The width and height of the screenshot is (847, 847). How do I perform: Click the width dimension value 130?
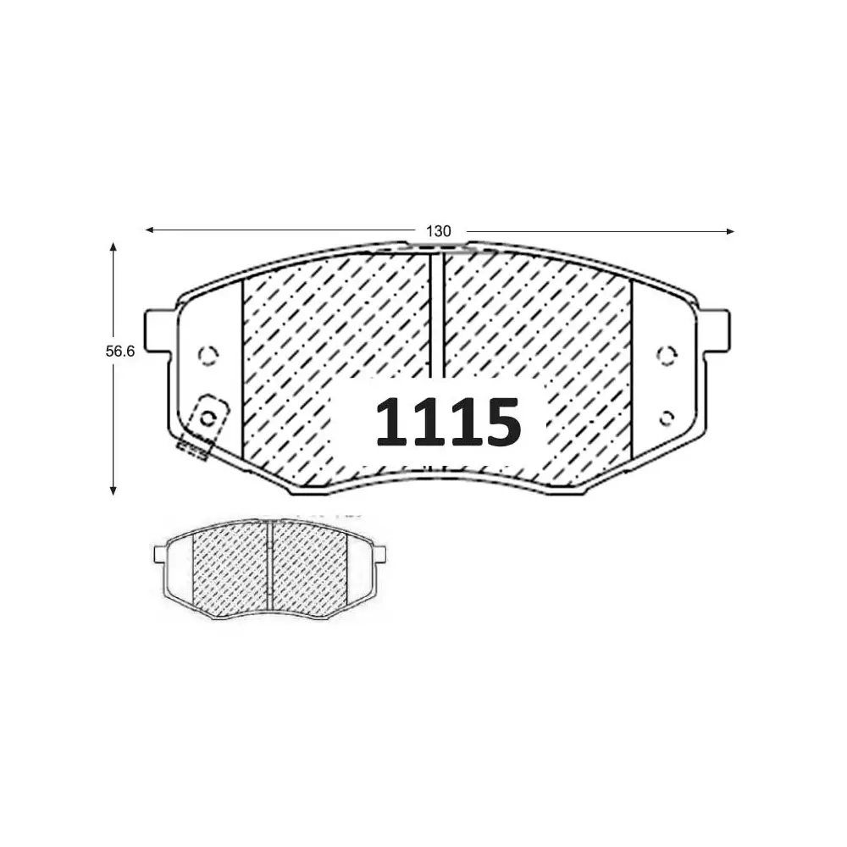(438, 230)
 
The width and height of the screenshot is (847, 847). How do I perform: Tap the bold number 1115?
(447, 421)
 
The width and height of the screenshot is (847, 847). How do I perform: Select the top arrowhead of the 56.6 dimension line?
(113, 246)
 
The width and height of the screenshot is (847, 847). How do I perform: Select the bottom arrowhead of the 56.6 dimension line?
(113, 489)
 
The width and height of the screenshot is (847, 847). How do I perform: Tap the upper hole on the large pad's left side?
(207, 354)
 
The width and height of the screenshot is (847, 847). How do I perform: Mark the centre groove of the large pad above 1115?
(437, 313)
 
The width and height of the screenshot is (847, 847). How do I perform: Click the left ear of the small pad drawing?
(160, 555)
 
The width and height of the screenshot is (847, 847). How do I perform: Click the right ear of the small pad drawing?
(379, 555)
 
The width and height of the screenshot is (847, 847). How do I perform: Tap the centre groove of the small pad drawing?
(269, 563)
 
